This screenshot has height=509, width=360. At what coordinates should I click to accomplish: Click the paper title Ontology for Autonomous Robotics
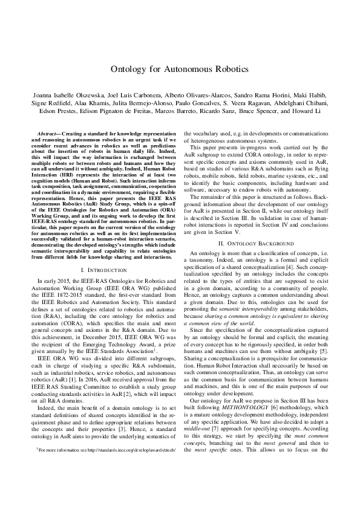pos(180,69)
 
